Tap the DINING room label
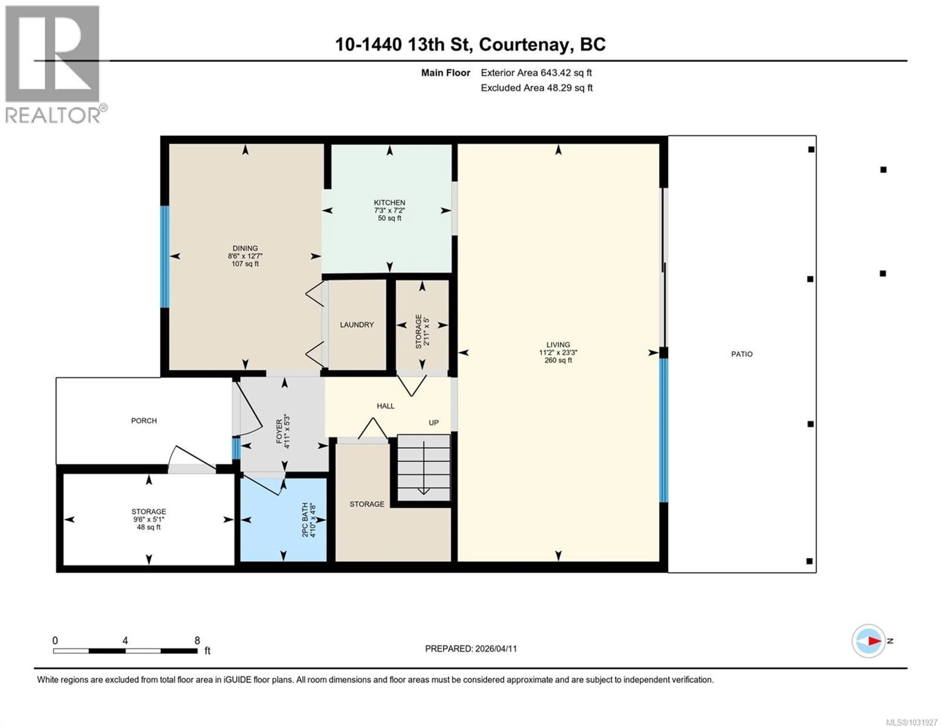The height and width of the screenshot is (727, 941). point(245,248)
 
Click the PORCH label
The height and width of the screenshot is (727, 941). point(144,421)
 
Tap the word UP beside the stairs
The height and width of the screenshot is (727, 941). point(433,423)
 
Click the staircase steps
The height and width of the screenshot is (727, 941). point(423,468)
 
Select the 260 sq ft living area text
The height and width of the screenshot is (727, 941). point(558,360)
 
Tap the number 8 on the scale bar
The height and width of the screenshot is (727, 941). point(197,640)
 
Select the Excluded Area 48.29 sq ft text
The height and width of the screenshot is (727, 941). point(536,88)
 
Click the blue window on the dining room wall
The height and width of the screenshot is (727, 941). point(165,257)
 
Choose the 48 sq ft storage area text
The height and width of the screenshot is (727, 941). point(149,527)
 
